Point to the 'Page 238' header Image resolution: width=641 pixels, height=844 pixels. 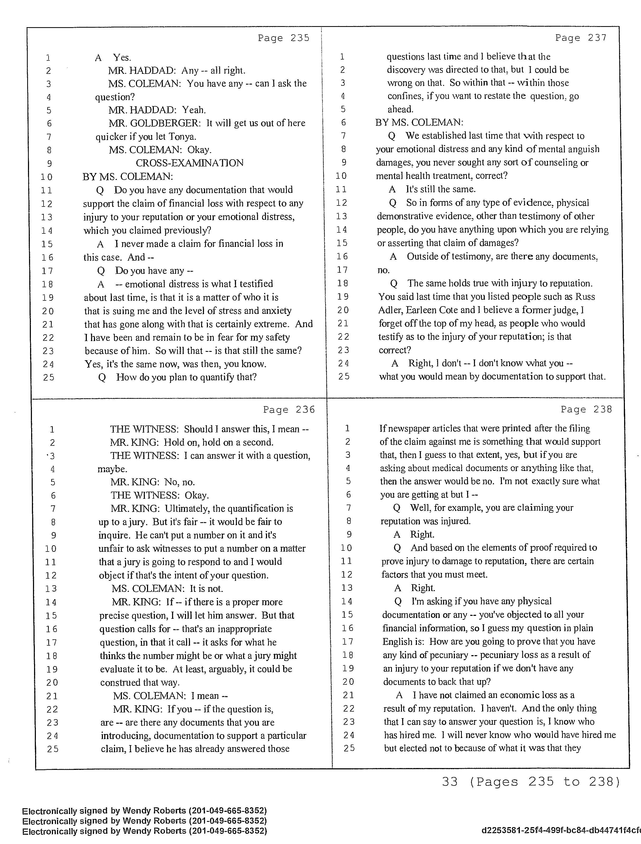pyautogui.click(x=586, y=409)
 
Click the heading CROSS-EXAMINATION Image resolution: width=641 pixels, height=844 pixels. pyautogui.click(x=189, y=163)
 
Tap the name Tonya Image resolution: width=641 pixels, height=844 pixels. pyautogui.click(x=183, y=137)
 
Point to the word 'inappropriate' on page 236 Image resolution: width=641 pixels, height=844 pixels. pyautogui.click(x=242, y=629)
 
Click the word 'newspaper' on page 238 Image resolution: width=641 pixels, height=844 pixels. pyautogui.click(x=409, y=429)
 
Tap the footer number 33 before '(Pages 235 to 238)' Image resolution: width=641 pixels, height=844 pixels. pyautogui.click(x=449, y=782)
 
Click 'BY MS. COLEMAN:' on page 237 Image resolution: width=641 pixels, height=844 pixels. pyautogui.click(x=419, y=122)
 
